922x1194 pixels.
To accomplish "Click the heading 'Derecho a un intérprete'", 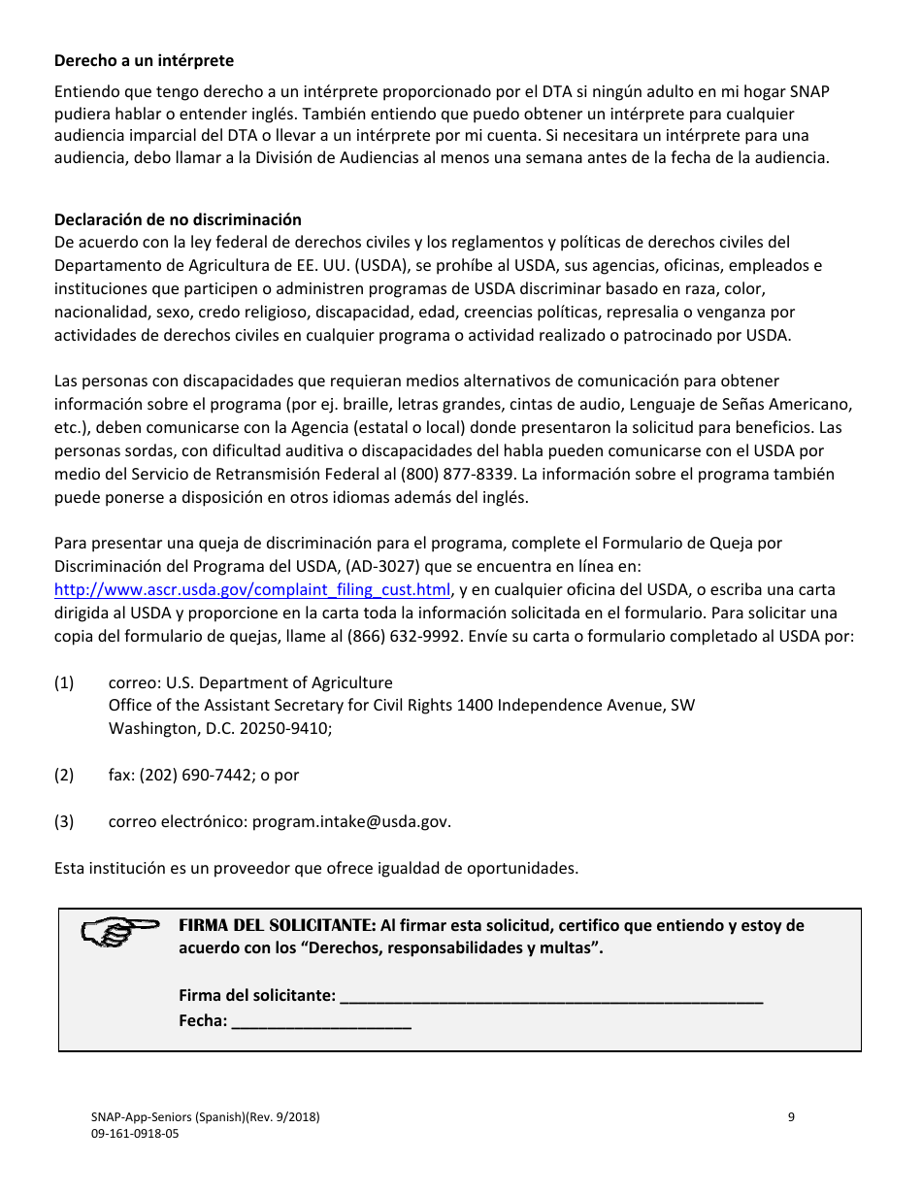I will [x=144, y=61].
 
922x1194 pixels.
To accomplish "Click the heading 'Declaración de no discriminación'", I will [x=178, y=219].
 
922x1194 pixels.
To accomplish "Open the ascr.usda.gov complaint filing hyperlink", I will [x=252, y=590].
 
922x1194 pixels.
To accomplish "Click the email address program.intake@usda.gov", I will [x=350, y=821].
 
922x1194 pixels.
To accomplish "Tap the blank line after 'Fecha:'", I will [x=321, y=1021].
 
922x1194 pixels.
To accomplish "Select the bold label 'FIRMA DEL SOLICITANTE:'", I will [x=277, y=925].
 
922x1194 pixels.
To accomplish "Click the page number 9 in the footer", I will [x=791, y=1117].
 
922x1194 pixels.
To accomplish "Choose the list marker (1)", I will [x=64, y=682].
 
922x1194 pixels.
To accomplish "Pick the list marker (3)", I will [x=64, y=821].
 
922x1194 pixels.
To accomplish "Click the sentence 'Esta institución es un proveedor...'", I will [x=315, y=868].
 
